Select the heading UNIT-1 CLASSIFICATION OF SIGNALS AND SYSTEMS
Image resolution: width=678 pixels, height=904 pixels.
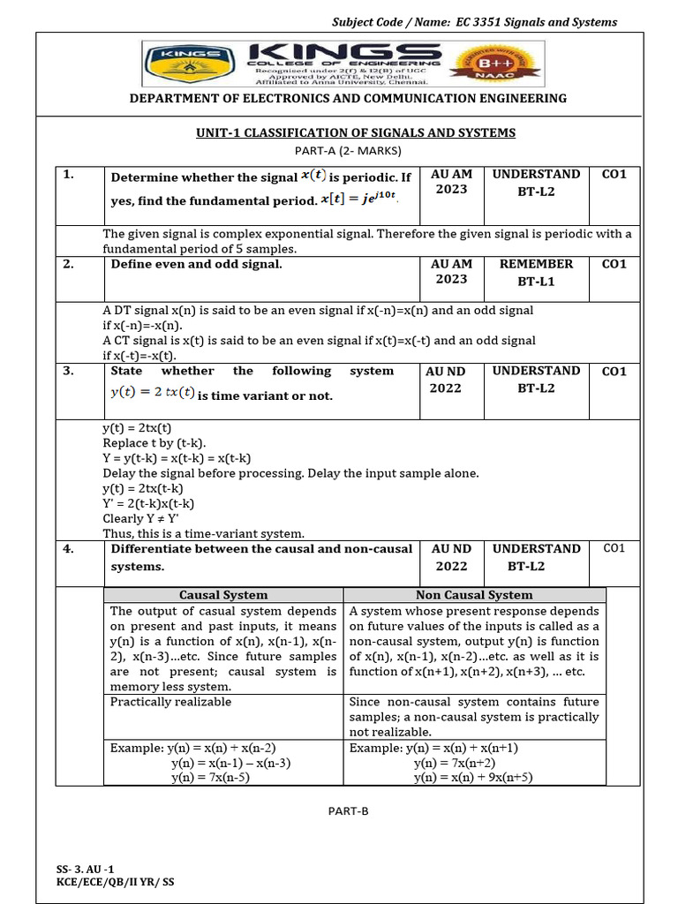point(355,132)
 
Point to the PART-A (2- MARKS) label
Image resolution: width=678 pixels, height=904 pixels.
point(355,149)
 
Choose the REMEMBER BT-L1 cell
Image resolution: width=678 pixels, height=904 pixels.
point(536,272)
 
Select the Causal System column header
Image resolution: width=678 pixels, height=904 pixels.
point(223,595)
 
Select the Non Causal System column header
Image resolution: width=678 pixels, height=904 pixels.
point(474,595)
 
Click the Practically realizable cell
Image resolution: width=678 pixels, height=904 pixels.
point(170,702)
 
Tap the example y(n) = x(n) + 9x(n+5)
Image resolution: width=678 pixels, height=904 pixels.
point(472,778)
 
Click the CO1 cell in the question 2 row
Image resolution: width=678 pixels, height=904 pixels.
point(614,264)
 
